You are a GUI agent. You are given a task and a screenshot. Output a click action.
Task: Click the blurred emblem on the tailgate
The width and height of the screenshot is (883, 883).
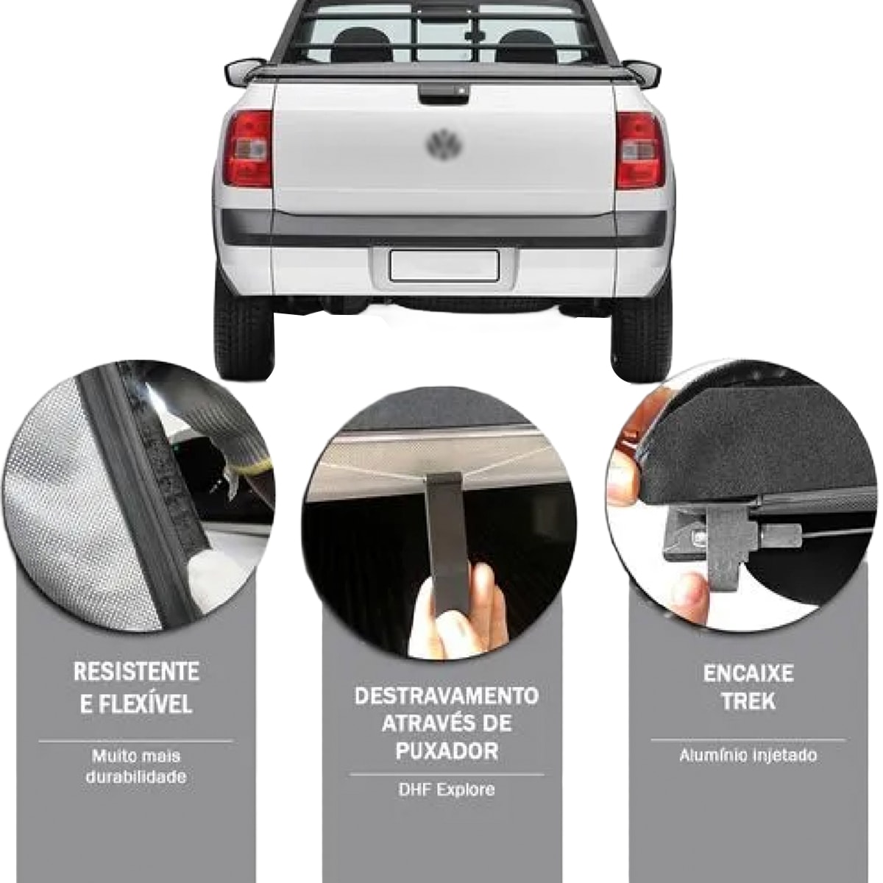pyautogui.click(x=444, y=144)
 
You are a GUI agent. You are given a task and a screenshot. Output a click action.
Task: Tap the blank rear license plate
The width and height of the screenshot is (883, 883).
pyautogui.click(x=444, y=266)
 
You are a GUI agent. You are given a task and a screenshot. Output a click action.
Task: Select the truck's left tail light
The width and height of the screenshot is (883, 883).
pyautogui.click(x=248, y=149)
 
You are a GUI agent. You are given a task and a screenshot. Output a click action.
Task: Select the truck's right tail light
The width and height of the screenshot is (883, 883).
pyautogui.click(x=639, y=150)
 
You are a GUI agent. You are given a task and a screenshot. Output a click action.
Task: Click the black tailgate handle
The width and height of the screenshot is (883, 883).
pyautogui.click(x=444, y=93)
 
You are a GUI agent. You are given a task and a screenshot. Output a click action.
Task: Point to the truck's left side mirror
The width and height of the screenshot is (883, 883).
pyautogui.click(x=244, y=71)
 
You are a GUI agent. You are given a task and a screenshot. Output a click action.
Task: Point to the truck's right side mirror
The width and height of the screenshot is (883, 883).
pyautogui.click(x=642, y=74)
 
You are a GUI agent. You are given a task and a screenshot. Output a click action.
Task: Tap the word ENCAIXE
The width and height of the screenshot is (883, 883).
pyautogui.click(x=748, y=673)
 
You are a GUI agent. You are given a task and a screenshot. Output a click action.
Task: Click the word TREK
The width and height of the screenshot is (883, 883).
pyautogui.click(x=749, y=701)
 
